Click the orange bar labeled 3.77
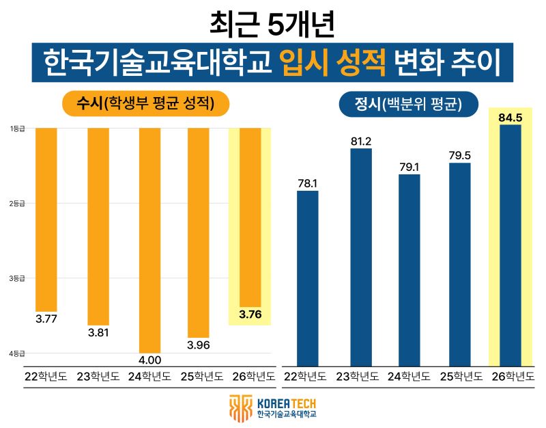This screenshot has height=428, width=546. pos(46,219)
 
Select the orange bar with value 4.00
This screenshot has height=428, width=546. pos(149,239)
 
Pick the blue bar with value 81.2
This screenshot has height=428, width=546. pos(361,257)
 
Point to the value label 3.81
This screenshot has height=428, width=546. pos(98,333)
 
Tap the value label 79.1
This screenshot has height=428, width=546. pos(409,165)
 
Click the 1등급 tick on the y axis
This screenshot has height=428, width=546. pos(17,129)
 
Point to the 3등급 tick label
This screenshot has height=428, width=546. pos(17,278)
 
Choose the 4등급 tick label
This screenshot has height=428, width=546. pos(17,353)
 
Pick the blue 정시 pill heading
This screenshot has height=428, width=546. pos(408,105)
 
